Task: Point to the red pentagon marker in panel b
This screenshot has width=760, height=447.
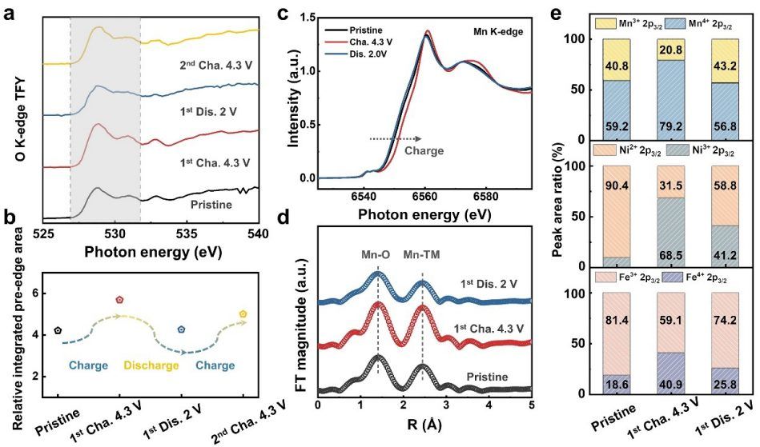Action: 119,300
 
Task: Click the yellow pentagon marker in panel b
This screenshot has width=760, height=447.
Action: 243,313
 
